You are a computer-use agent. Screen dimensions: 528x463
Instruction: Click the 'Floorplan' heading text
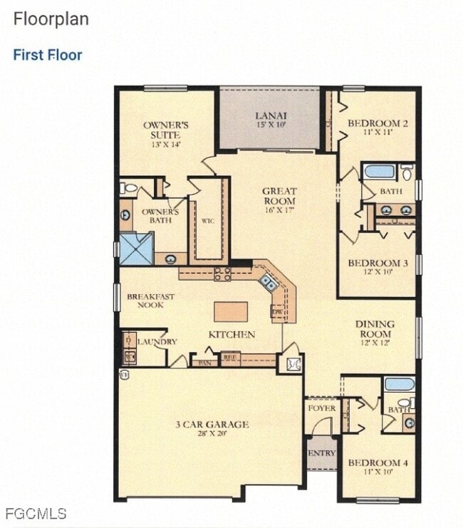click(51, 19)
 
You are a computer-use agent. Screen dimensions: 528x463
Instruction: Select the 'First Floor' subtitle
click(48, 55)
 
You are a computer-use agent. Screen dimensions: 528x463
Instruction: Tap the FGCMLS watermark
click(35, 513)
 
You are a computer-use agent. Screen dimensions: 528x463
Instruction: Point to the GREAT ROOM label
click(279, 191)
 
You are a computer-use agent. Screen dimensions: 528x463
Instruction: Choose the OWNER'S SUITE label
click(165, 130)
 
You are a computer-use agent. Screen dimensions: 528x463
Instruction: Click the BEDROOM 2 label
click(378, 124)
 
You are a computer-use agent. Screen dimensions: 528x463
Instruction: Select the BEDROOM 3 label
click(378, 264)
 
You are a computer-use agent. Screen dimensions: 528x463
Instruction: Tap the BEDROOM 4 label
click(378, 463)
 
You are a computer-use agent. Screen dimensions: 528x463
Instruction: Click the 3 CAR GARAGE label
click(212, 425)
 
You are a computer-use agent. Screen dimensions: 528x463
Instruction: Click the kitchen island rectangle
click(231, 312)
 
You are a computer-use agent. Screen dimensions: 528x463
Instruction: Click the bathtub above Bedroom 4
click(399, 384)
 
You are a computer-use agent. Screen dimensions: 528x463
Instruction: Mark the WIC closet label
click(207, 221)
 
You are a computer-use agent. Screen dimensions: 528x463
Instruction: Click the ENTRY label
click(321, 453)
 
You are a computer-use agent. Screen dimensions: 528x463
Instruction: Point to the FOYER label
click(321, 408)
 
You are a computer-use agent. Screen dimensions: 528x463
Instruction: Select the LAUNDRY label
click(157, 342)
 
